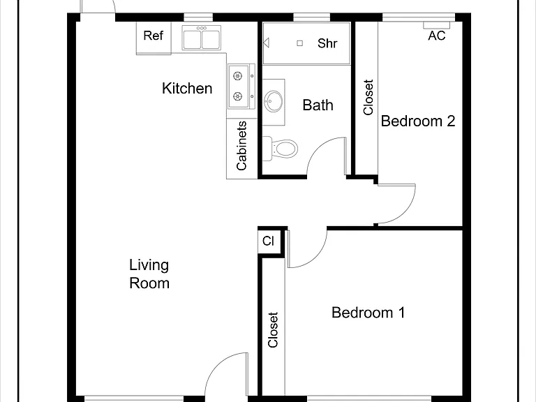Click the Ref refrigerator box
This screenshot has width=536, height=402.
(x=154, y=38)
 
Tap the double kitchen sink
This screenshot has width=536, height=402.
(x=201, y=38)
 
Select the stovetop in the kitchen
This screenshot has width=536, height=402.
(x=241, y=87)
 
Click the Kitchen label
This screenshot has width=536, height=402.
(x=187, y=88)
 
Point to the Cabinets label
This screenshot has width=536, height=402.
(x=241, y=146)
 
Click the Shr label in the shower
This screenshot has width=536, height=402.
(x=327, y=43)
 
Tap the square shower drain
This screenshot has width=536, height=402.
(x=300, y=43)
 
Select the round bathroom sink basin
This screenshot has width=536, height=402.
(x=274, y=101)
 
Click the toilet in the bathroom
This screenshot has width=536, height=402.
(x=280, y=148)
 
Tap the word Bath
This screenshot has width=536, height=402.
(x=318, y=105)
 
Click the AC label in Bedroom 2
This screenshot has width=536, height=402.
(x=436, y=36)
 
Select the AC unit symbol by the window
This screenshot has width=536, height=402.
(x=436, y=25)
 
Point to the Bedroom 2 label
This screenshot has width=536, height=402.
(x=418, y=121)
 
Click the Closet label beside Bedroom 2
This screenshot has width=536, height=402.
(x=368, y=98)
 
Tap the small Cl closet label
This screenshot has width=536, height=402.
(x=268, y=241)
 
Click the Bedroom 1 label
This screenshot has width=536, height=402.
(x=368, y=313)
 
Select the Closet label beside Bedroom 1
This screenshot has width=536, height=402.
(x=273, y=330)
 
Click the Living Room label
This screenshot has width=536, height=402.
(x=149, y=274)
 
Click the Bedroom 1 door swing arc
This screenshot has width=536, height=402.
(x=316, y=257)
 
